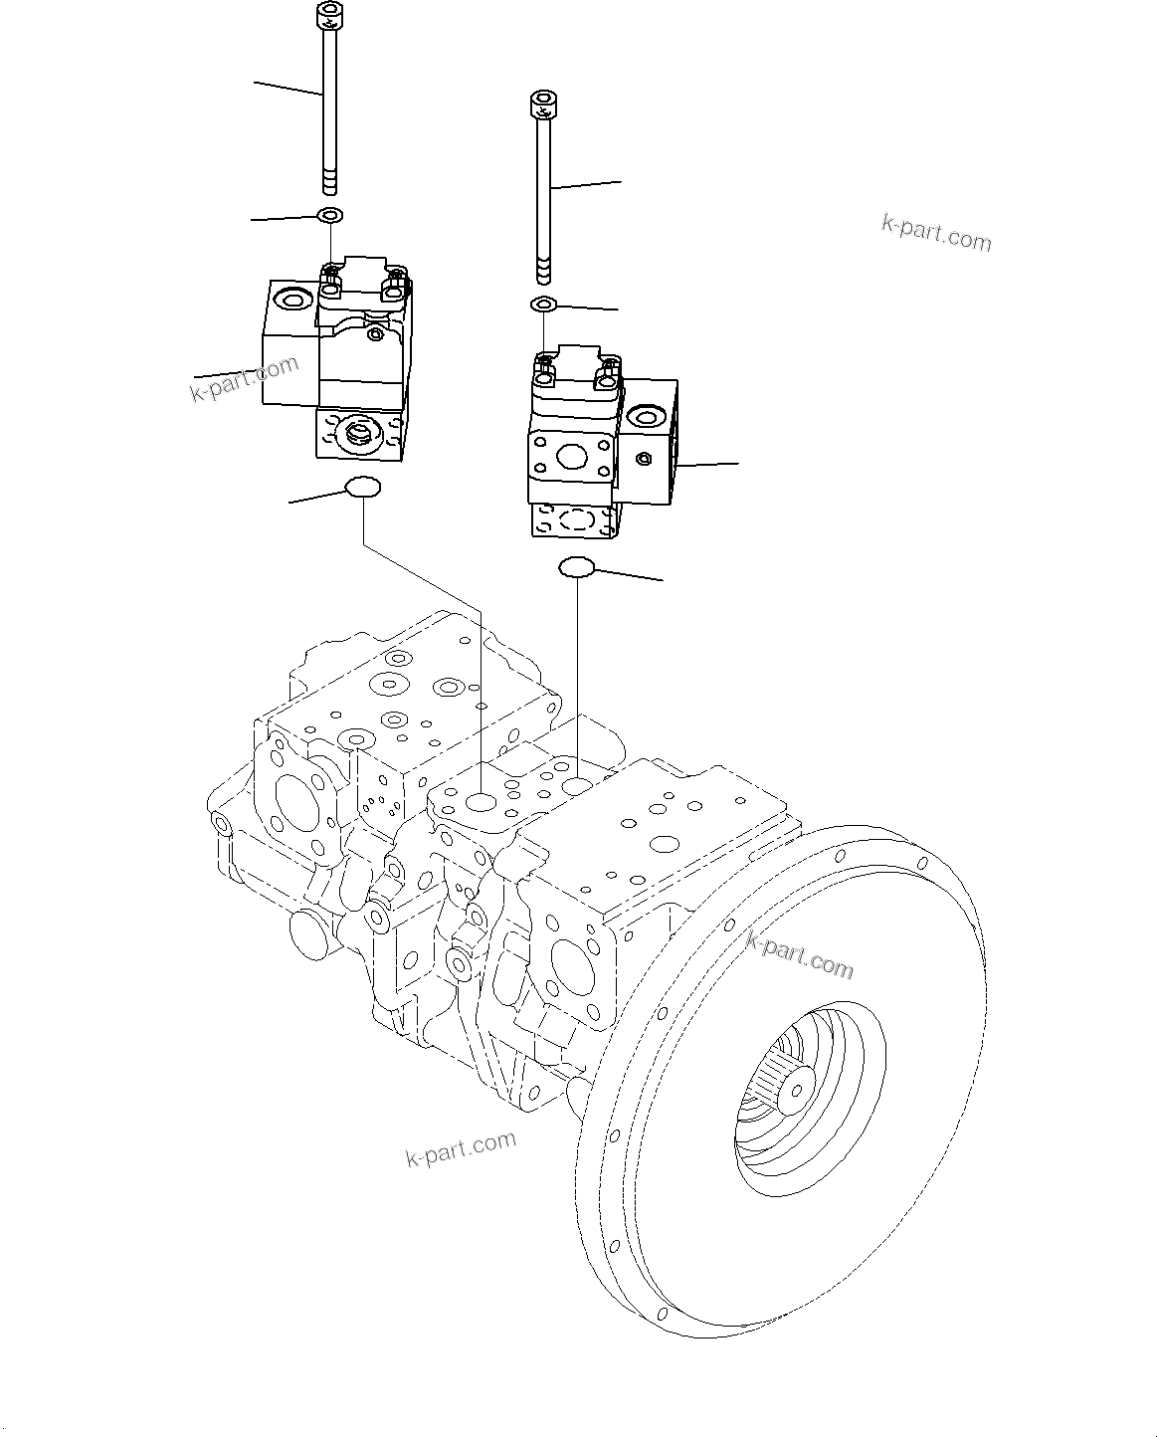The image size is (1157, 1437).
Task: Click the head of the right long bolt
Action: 542,103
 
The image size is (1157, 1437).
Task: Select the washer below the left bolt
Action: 329,215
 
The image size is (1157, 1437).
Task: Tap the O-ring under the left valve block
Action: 363,487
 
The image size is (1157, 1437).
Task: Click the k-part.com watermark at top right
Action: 936,233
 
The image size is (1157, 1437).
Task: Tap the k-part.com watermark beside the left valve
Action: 244,378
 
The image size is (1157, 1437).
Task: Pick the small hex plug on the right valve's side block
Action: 644,458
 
